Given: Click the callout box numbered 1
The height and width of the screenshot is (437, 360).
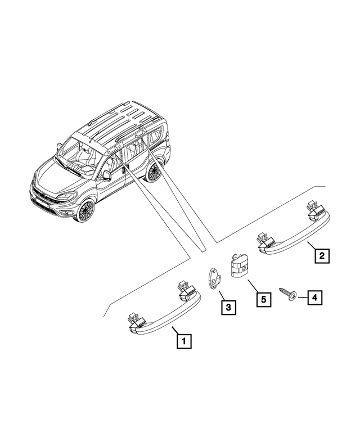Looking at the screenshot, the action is [184, 341].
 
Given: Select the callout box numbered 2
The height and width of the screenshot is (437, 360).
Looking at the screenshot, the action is [322, 255].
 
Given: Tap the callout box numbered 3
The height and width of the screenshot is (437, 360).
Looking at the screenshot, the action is [228, 308].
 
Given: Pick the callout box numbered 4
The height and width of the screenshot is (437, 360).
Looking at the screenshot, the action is [315, 298].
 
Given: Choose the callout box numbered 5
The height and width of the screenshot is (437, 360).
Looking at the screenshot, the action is [264, 300].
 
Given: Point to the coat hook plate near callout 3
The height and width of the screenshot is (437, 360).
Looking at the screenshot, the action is [214, 279].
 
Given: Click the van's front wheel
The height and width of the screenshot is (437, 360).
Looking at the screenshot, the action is [87, 210].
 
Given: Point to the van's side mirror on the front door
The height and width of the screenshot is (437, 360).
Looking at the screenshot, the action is [107, 175].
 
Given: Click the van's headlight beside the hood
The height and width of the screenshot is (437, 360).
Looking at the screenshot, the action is [66, 196].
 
